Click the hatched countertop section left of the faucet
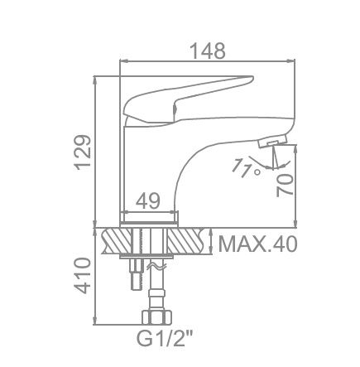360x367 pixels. point(116,241)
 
